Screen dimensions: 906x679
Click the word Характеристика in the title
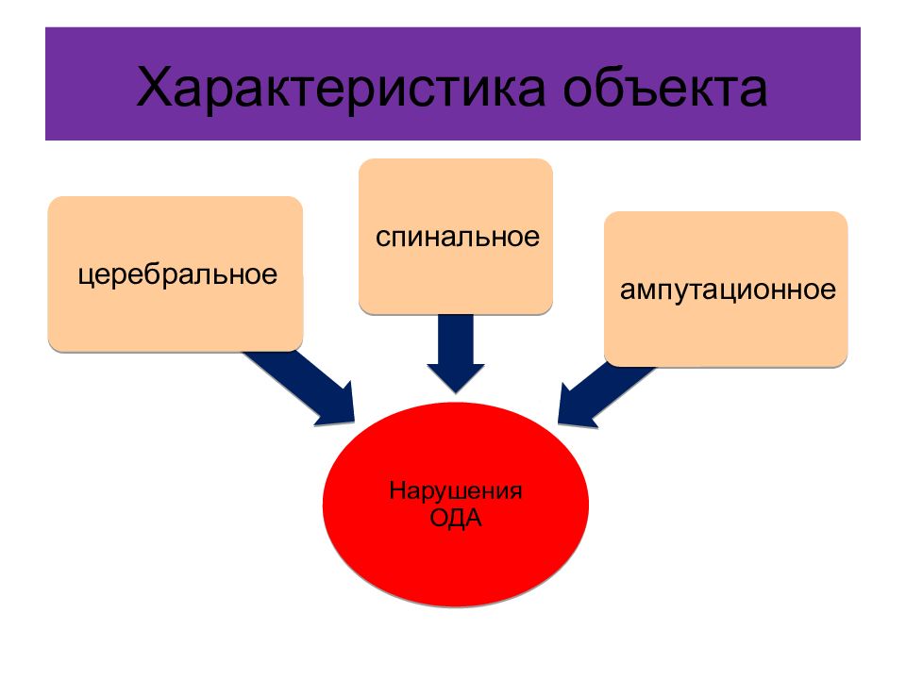point(341,89)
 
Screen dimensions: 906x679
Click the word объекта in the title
point(665,87)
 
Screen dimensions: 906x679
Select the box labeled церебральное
point(176,274)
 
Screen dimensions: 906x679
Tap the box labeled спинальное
point(456,237)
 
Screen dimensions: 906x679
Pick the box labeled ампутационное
point(726,290)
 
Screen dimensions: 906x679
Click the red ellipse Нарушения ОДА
point(456,505)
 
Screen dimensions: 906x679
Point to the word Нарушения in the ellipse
point(456,490)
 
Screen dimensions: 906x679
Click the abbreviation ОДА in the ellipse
point(456,518)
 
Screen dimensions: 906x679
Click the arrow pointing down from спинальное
point(456,354)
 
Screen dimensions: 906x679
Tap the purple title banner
point(453,84)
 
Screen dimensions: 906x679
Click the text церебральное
point(177,274)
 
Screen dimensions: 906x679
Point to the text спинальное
point(458,238)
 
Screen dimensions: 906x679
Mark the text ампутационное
point(728,290)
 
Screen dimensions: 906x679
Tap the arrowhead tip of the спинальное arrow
point(456,393)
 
